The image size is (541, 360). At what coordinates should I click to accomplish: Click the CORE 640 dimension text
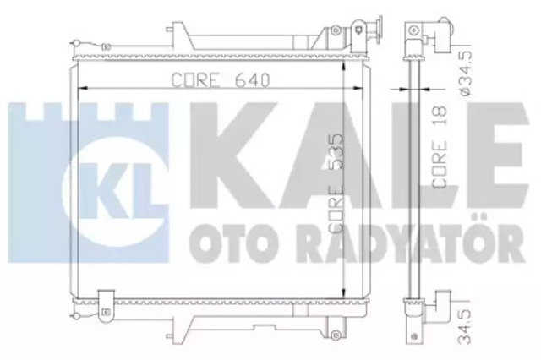[x=220, y=80]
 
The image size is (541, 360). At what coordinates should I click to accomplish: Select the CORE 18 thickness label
[x=440, y=146]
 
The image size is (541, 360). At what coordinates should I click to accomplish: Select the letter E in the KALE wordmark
[x=498, y=156]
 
